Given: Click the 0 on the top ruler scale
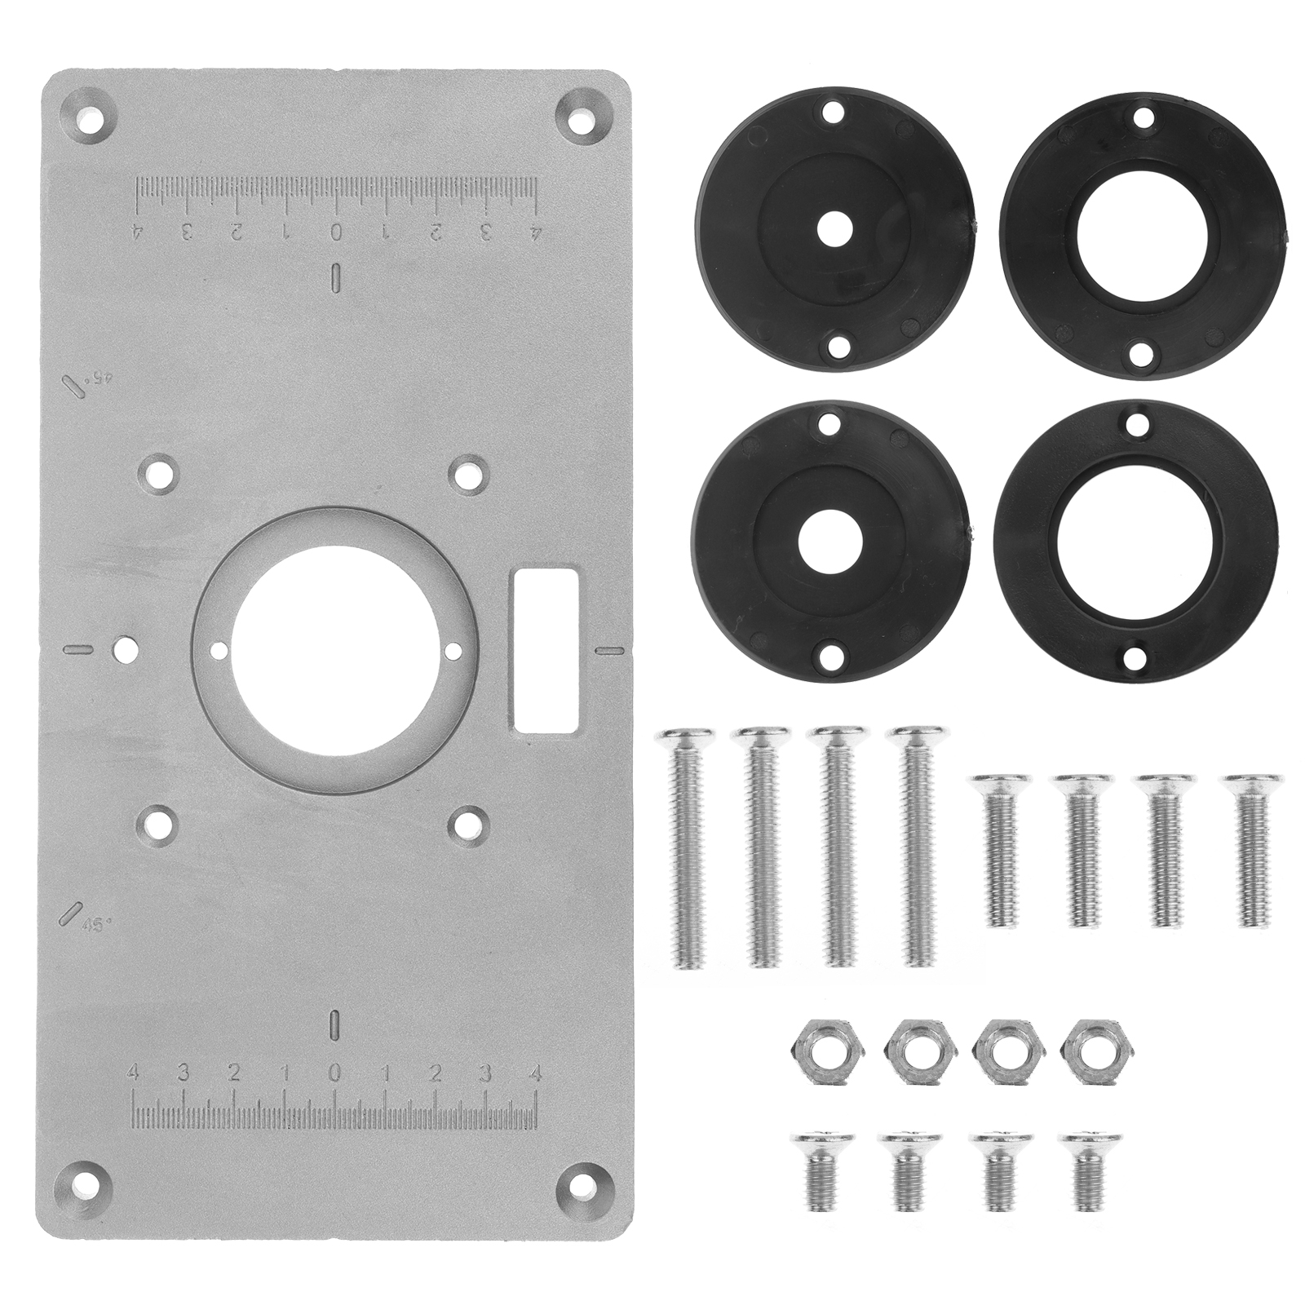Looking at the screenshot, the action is click(334, 232).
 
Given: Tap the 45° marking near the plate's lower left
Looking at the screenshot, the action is click(98, 924).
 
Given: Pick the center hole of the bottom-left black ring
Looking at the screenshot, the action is click(830, 542).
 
